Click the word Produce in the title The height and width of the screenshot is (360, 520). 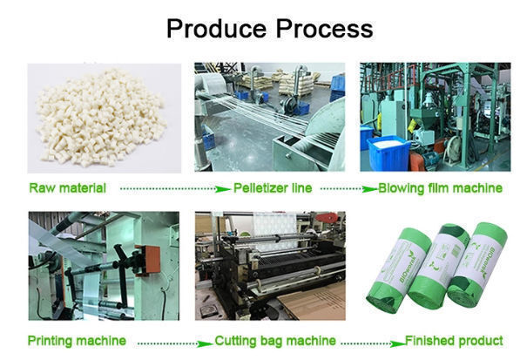216,29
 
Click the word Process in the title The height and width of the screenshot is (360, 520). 324,29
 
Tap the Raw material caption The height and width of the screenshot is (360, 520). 68,188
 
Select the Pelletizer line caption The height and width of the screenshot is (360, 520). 273,188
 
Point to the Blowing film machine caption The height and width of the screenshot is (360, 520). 440,188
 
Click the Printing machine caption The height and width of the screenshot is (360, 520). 77,341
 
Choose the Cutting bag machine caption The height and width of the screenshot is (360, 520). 275,341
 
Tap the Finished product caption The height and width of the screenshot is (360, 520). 454,341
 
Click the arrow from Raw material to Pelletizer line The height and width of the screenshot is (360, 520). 175,189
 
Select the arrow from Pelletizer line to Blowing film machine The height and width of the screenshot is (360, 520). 349,189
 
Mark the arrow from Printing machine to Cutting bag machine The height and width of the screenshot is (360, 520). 175,343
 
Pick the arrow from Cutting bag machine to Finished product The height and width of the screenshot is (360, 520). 374,343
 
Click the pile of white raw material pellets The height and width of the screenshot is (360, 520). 101,118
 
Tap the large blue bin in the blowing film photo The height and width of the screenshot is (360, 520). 389,153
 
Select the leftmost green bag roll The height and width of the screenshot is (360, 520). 399,269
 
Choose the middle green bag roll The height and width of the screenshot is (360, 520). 438,266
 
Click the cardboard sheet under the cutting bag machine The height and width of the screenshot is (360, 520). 314,302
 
